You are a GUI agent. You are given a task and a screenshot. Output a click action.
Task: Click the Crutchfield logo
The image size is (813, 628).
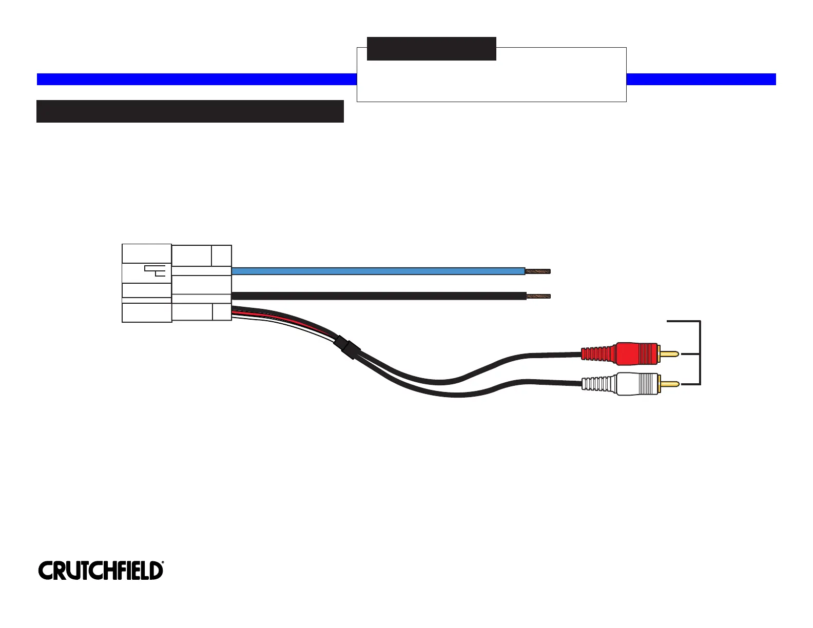click(x=100, y=571)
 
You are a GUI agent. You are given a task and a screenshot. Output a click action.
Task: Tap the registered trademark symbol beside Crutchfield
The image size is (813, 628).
click(x=163, y=563)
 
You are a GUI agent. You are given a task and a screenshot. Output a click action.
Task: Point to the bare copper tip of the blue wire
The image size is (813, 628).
click(x=538, y=271)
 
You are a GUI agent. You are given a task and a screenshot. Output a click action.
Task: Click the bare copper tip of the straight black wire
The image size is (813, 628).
click(x=538, y=296)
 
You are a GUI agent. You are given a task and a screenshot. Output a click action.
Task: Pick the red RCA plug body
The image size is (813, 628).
click(x=636, y=353)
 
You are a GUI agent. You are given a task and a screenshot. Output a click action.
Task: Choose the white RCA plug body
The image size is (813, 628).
click(x=636, y=384)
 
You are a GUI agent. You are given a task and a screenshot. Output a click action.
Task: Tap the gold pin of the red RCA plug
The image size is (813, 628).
click(x=669, y=354)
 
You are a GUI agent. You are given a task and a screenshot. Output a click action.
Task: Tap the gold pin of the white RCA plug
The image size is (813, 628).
click(x=669, y=384)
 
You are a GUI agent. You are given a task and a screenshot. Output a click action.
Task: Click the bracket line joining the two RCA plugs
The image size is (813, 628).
click(x=700, y=353)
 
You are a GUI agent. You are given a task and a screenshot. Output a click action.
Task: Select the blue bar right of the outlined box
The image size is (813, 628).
click(x=701, y=79)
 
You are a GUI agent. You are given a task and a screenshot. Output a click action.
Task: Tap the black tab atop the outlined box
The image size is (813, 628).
click(x=431, y=49)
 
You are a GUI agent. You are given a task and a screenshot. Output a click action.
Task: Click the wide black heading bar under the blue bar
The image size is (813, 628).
click(x=190, y=111)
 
